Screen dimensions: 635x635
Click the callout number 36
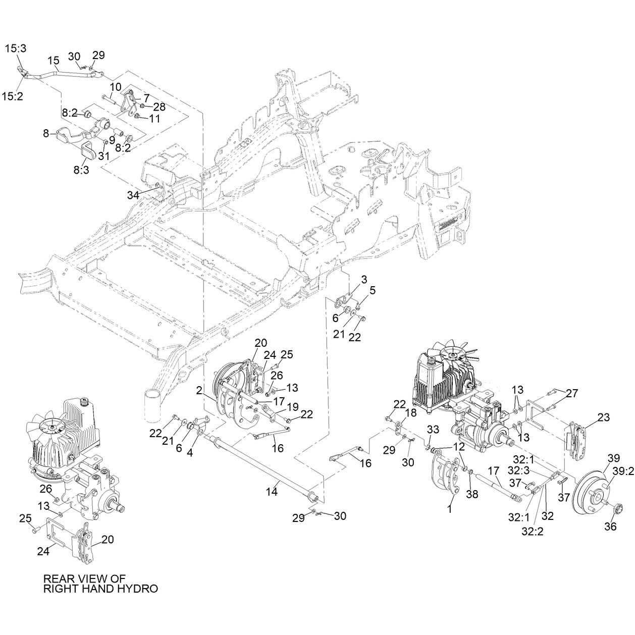tap(610, 526)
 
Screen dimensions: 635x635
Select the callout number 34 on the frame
tap(133, 195)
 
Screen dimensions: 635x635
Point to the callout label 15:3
tap(16, 48)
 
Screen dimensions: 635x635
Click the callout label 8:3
tap(81, 171)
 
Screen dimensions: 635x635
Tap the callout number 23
tap(604, 417)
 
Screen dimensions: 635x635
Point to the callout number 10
tap(116, 88)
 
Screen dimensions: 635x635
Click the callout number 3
tap(364, 280)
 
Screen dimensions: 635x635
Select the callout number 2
tap(199, 391)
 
